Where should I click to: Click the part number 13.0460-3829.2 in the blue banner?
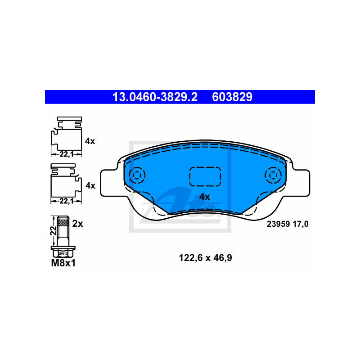(x=155, y=97)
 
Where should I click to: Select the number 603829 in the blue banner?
(x=232, y=97)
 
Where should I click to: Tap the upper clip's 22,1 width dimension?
(x=66, y=154)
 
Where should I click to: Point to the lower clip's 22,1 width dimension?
(x=66, y=201)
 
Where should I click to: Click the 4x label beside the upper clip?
(x=90, y=141)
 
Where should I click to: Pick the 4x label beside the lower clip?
(x=90, y=185)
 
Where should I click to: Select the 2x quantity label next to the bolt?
(x=77, y=224)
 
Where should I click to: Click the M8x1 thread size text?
(x=63, y=263)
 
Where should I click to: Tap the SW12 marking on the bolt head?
(x=63, y=254)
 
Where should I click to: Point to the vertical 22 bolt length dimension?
(x=54, y=230)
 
